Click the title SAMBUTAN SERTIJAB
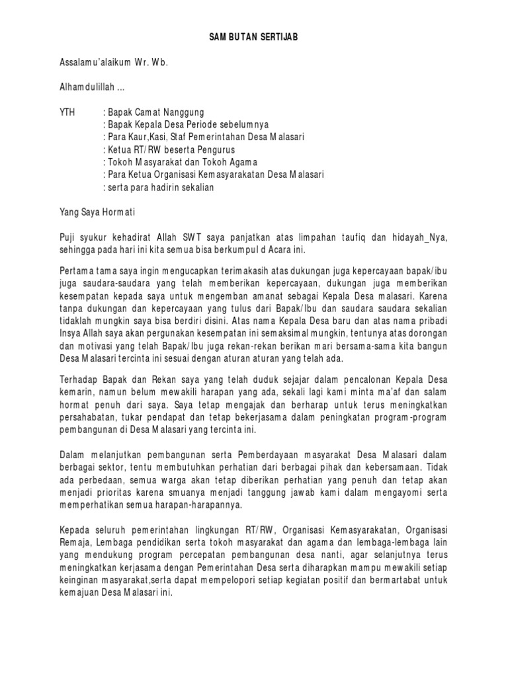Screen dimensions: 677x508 pos(254,38)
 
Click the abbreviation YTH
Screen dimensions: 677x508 pos(68,112)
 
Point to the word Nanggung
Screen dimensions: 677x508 pos(185,112)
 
